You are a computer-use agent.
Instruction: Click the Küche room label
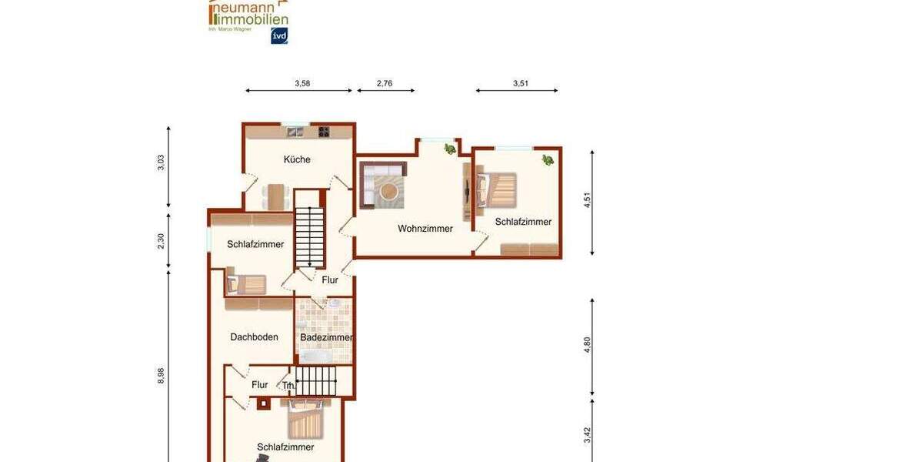pos(297,159)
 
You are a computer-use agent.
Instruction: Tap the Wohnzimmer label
pos(425,229)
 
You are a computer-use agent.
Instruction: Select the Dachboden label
pos(254,336)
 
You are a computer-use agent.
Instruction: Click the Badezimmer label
pos(326,337)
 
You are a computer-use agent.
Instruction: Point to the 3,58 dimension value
pos(302,83)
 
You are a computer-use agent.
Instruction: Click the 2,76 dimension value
pos(385,83)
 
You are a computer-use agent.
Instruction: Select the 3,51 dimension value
pos(521,83)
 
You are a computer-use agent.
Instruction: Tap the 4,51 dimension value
pos(588,200)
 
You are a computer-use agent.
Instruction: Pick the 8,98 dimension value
pos(161,375)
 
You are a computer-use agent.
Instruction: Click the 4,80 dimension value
pos(588,344)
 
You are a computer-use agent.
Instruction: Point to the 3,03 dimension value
pos(161,163)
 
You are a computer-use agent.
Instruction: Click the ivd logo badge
pos(279,35)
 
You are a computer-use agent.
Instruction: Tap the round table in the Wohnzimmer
pos(390,190)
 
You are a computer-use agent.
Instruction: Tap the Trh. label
pos(288,386)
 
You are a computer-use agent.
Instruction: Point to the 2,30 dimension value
pos(161,241)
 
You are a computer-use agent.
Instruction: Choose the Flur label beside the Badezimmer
pos(330,280)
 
